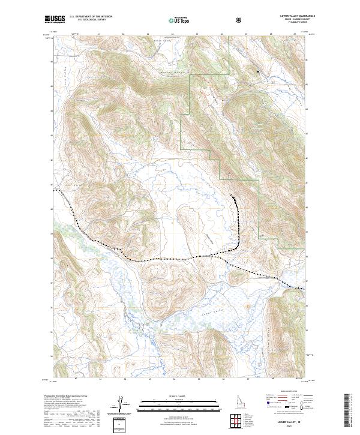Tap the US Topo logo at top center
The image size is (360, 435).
click(x=180, y=20)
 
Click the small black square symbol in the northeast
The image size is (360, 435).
click(x=258, y=72)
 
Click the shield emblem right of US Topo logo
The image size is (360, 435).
click(x=240, y=20)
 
